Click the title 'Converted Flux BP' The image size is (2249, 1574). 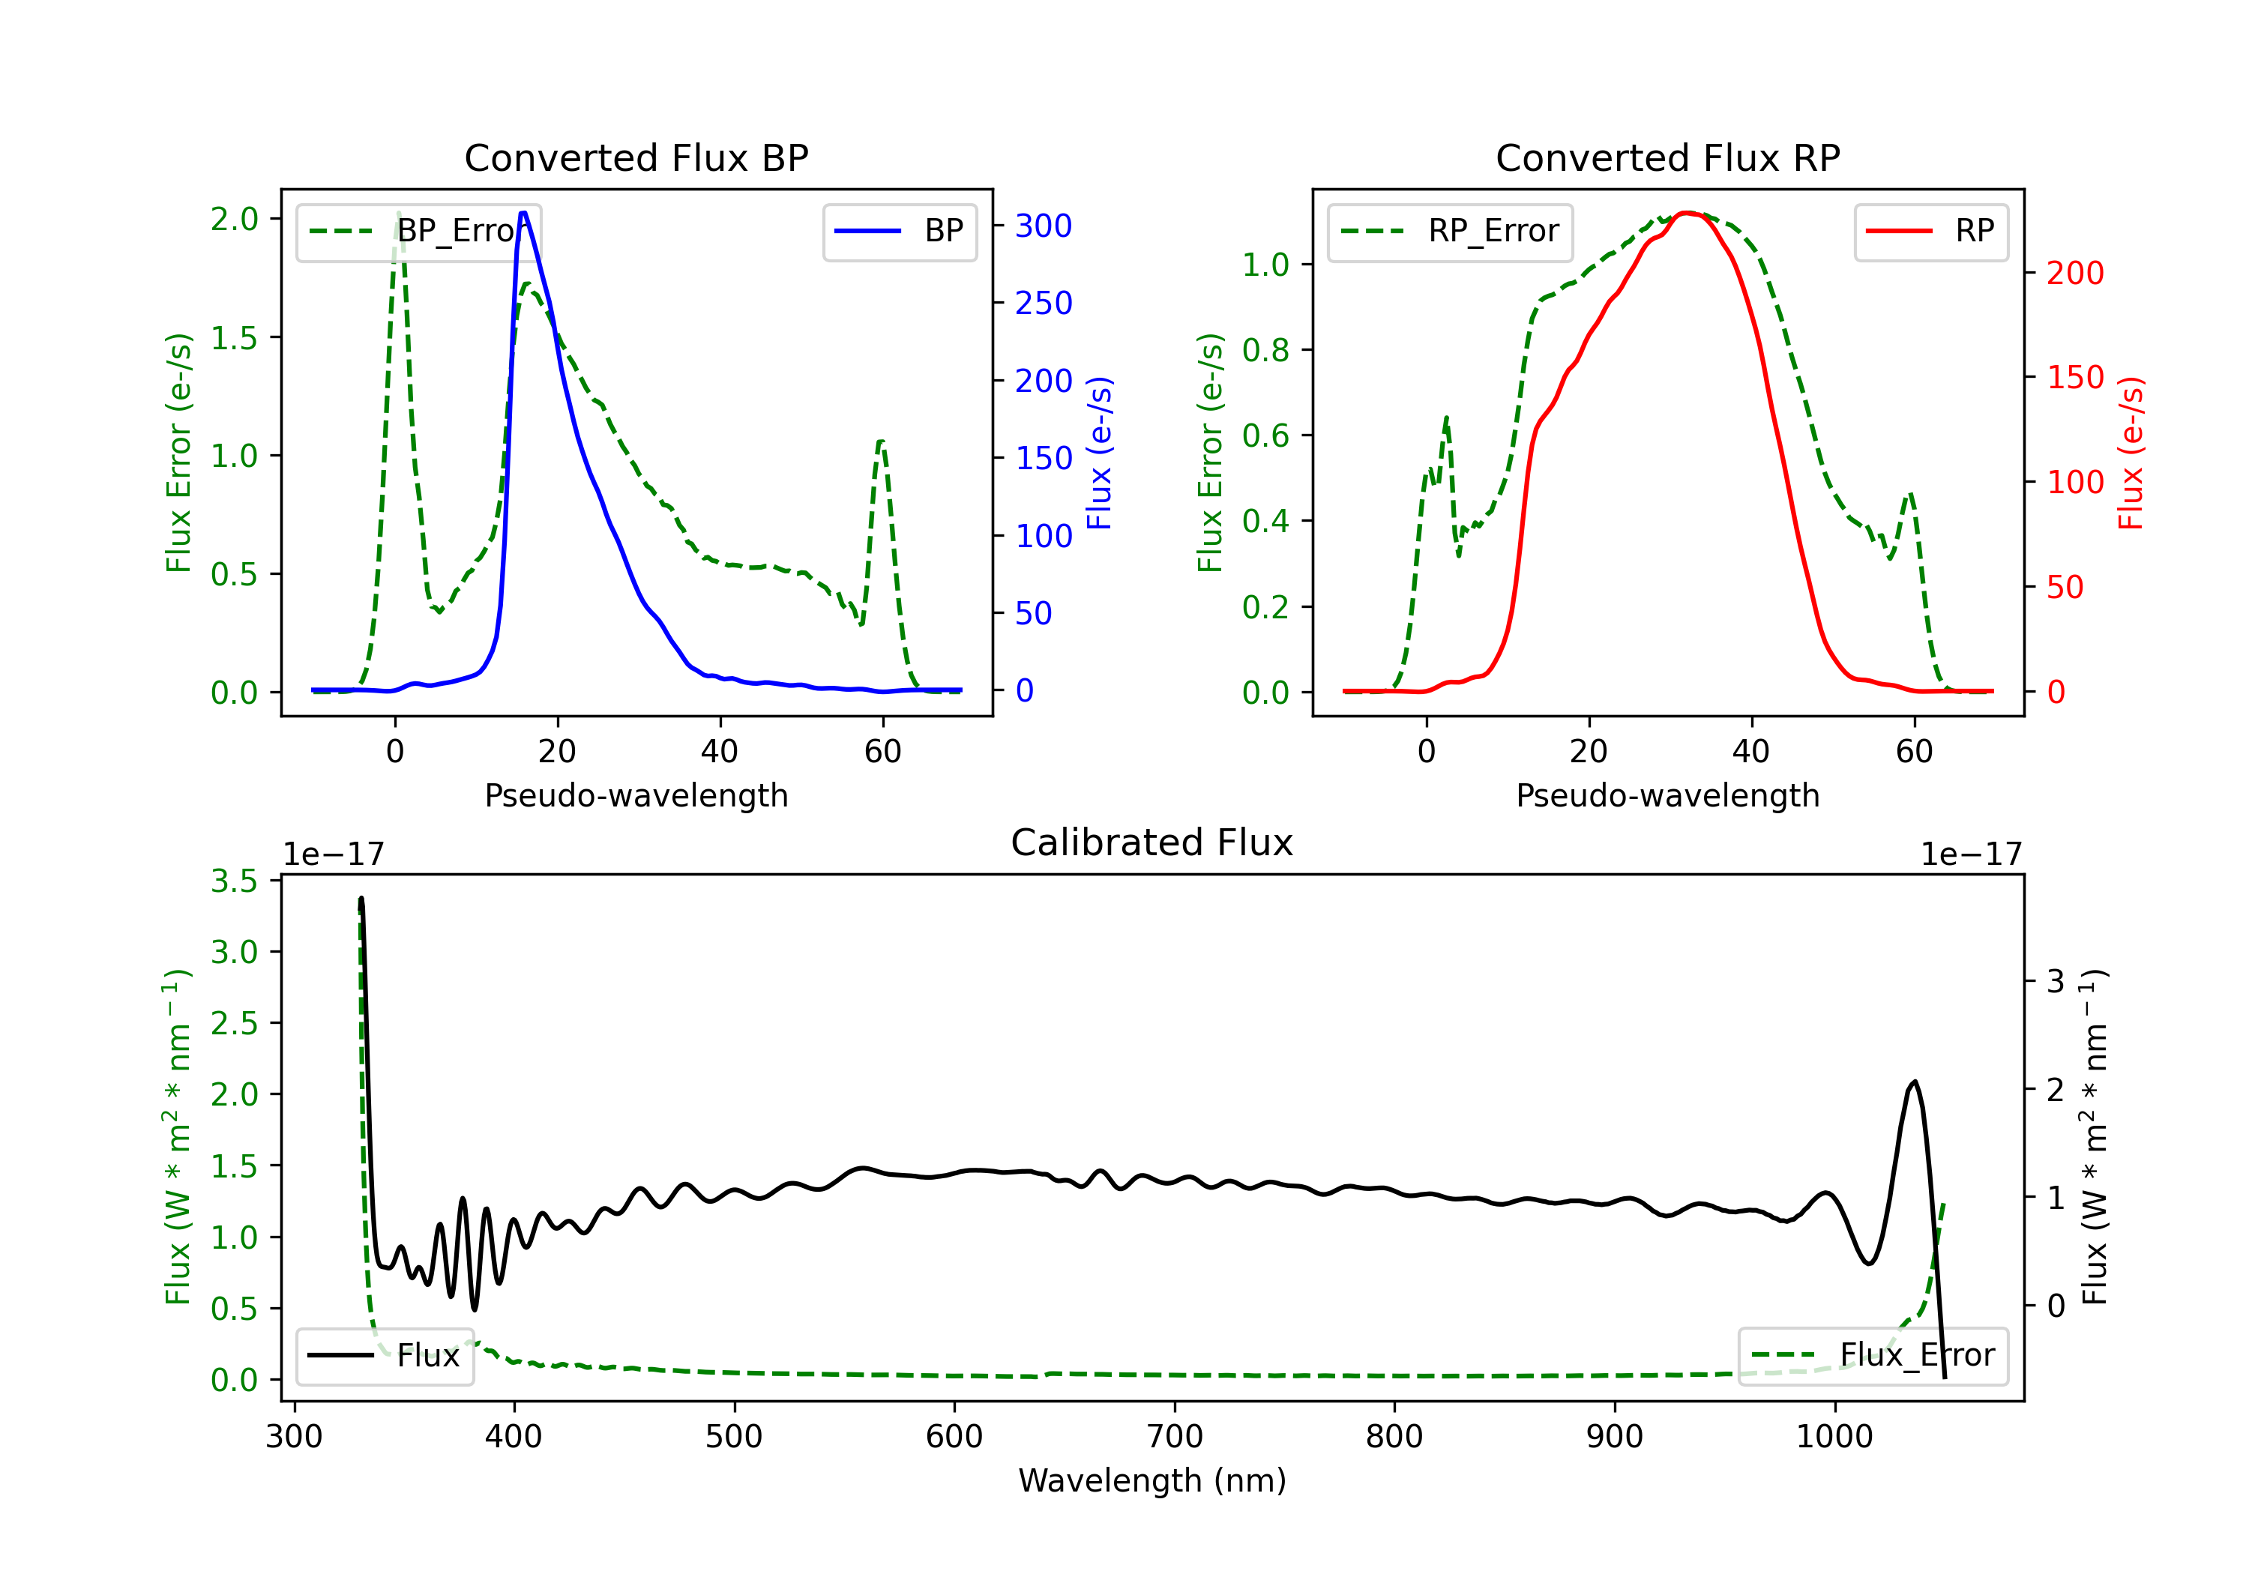click(636, 157)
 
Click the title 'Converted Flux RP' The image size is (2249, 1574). click(1667, 157)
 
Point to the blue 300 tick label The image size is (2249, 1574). click(1044, 226)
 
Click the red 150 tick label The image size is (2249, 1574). click(2074, 378)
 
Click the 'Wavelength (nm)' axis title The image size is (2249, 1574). click(1152, 1480)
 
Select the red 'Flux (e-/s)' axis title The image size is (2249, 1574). click(2131, 453)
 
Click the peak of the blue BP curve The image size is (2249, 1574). click(523, 213)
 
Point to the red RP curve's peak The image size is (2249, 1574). click(1686, 213)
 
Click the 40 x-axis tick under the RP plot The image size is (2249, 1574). click(1751, 751)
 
